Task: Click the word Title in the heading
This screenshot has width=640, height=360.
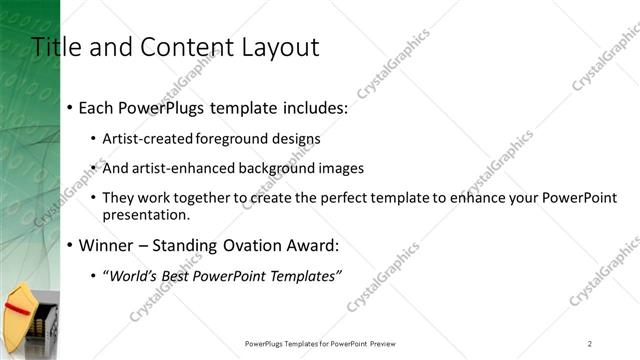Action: click(x=52, y=47)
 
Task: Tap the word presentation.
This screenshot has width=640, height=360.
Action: click(x=152, y=214)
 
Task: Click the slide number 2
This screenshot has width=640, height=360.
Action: click(x=590, y=343)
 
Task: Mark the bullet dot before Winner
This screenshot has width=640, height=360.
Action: click(x=68, y=245)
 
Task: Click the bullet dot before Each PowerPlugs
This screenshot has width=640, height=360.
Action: click(x=68, y=107)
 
